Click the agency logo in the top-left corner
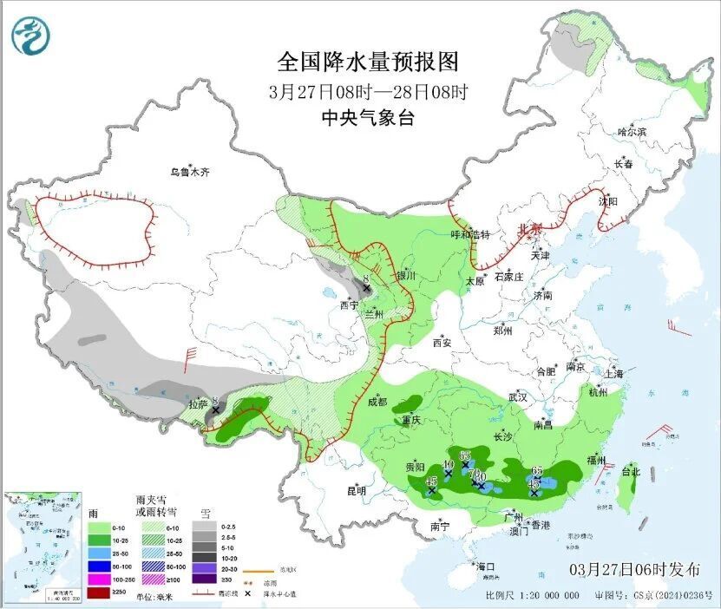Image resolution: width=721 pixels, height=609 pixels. [x=31, y=36]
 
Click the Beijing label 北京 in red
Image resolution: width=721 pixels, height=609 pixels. [x=529, y=228]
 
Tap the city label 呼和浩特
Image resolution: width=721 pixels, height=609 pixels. [x=470, y=234]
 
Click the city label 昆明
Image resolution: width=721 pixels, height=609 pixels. [x=357, y=491]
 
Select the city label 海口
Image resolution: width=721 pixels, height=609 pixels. [x=485, y=566]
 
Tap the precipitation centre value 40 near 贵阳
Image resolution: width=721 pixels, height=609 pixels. [x=448, y=465]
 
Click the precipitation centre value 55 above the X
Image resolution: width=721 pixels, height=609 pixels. [x=465, y=455]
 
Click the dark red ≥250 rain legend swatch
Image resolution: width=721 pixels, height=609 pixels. [x=99, y=593]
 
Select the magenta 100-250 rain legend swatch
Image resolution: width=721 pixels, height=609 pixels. [x=99, y=579]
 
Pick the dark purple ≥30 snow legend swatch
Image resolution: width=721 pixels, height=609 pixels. [x=206, y=579]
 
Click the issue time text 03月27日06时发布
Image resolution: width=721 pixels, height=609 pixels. [x=634, y=570]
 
